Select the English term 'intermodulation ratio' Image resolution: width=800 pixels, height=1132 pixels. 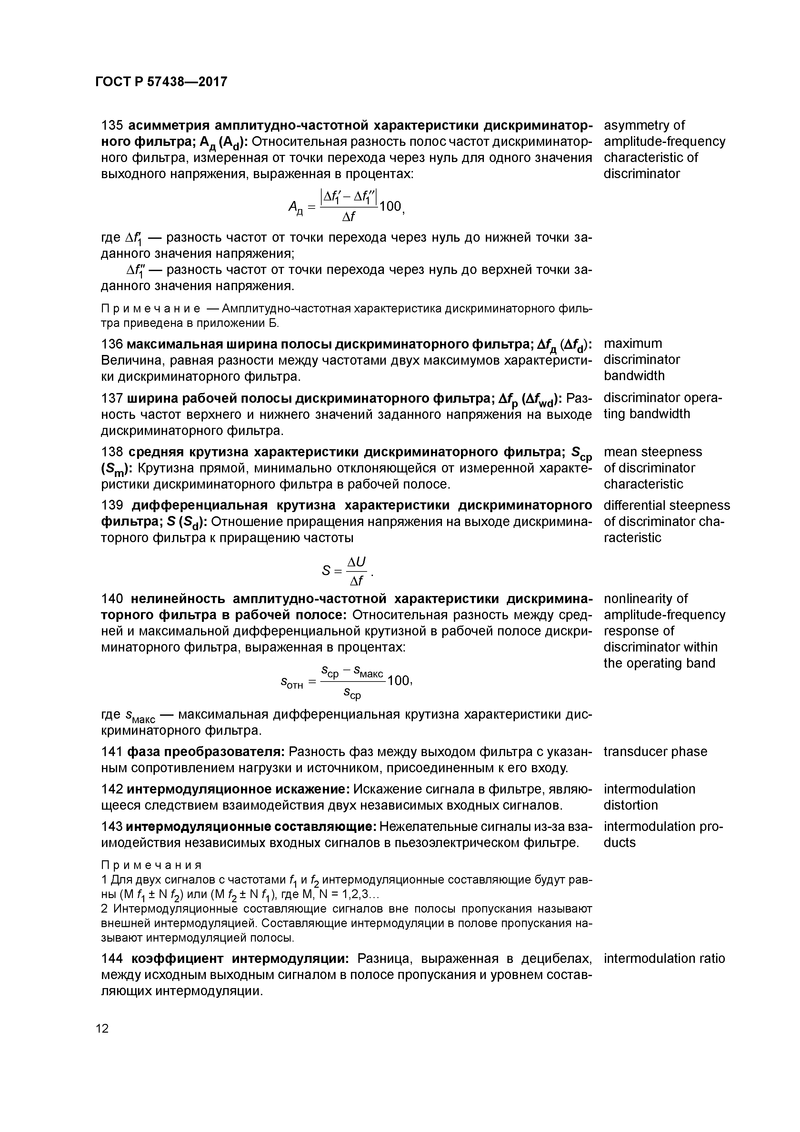coord(664,958)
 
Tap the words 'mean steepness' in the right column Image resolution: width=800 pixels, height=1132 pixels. coord(653,452)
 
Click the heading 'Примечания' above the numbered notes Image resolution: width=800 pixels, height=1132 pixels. coord(151,865)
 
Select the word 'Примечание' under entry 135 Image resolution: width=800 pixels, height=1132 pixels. coord(150,309)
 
